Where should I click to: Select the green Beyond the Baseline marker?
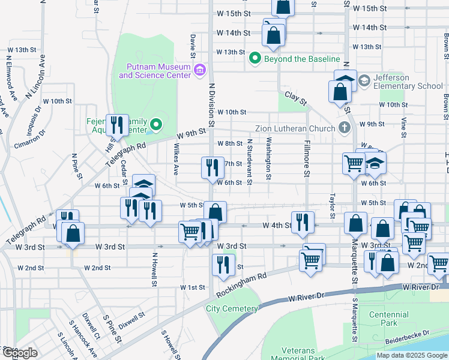[255, 59]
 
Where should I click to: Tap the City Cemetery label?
[232, 308]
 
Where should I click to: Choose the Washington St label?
[269, 159]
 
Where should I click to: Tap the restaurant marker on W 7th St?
[212, 167]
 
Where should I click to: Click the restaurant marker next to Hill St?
[118, 125]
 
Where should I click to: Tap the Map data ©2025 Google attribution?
[411, 355]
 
